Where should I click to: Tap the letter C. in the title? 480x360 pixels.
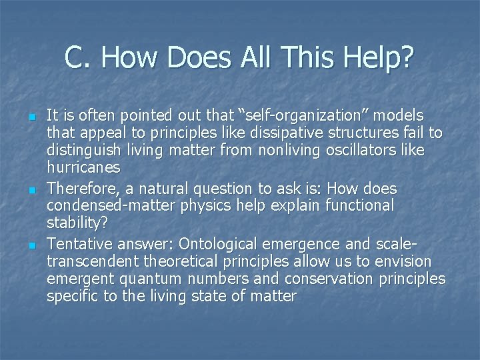pos(77,59)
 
